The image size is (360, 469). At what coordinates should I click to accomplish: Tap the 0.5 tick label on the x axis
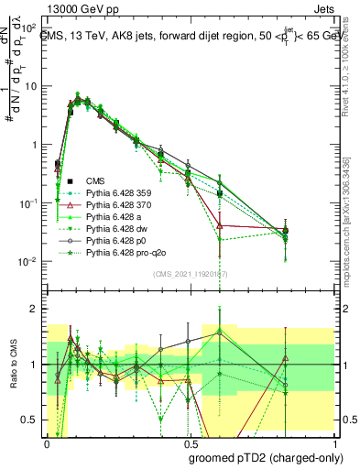click(x=189, y=441)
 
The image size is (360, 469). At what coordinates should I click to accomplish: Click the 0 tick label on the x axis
click(x=47, y=441)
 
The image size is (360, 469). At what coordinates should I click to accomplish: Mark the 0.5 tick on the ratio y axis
click(x=33, y=420)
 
